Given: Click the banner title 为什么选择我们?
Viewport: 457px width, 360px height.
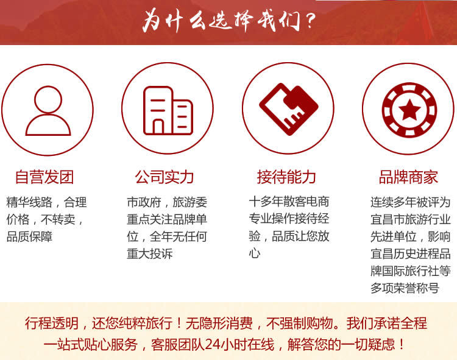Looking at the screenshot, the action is [x=229, y=21].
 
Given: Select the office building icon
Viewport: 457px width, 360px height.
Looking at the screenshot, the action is [x=168, y=111].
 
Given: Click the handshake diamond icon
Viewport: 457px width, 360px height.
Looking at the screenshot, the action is [x=289, y=109].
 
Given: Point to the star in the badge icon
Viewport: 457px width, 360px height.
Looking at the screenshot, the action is [x=410, y=110].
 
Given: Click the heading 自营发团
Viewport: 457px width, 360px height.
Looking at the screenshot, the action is [x=44, y=177].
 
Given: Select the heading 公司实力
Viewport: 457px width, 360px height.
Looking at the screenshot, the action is [x=165, y=177].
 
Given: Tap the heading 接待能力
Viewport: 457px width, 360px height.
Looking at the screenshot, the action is [x=286, y=177].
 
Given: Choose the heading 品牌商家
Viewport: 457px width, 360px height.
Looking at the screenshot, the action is [x=408, y=177].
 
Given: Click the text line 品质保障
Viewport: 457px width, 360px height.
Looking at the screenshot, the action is [x=29, y=237].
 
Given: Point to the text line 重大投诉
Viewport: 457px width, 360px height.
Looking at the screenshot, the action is [x=150, y=253].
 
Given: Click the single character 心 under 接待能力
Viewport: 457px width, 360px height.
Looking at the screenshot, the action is [x=255, y=253].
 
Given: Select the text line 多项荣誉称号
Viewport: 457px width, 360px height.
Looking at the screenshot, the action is [x=405, y=288].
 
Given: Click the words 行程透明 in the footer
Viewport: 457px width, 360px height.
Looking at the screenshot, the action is [x=52, y=323].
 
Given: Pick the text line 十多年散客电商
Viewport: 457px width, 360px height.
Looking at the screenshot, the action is [x=289, y=202].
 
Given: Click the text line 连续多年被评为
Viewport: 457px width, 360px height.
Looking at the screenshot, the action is [x=410, y=202].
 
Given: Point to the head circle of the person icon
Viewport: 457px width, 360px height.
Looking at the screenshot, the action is [x=48, y=99].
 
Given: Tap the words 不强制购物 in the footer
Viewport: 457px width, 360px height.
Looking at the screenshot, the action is [x=300, y=323].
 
